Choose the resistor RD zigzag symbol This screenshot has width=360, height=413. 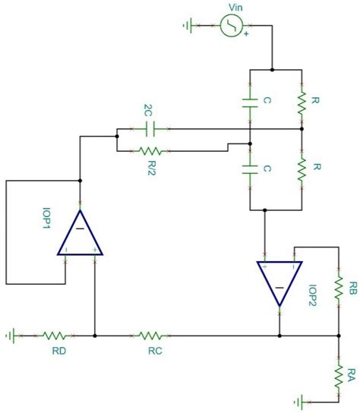click(x=55, y=335)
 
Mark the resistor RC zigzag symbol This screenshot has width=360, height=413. click(x=150, y=335)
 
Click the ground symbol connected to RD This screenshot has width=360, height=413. click(x=11, y=335)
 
